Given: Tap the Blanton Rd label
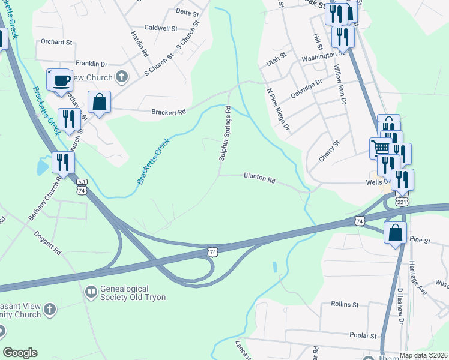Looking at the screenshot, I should pyautogui.click(x=259, y=178).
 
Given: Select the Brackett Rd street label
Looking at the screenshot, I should pyautogui.click(x=169, y=112).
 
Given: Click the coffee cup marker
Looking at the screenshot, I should pyautogui.click(x=60, y=80).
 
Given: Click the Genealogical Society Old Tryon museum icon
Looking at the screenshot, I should pyautogui.click(x=91, y=292).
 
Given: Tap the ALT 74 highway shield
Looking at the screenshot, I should pyautogui.click(x=82, y=187).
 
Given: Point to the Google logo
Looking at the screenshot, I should pyautogui.click(x=20, y=353).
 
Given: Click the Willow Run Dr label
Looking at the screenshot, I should pyautogui.click(x=340, y=85).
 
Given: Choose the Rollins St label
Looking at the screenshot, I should pyautogui.click(x=345, y=304).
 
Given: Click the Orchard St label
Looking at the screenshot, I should pyautogui.click(x=56, y=43).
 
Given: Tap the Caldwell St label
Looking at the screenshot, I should pyautogui.click(x=161, y=28).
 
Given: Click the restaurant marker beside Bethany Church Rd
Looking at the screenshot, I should pyautogui.click(x=62, y=161).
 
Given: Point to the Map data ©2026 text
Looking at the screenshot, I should pyautogui.click(x=424, y=355).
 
